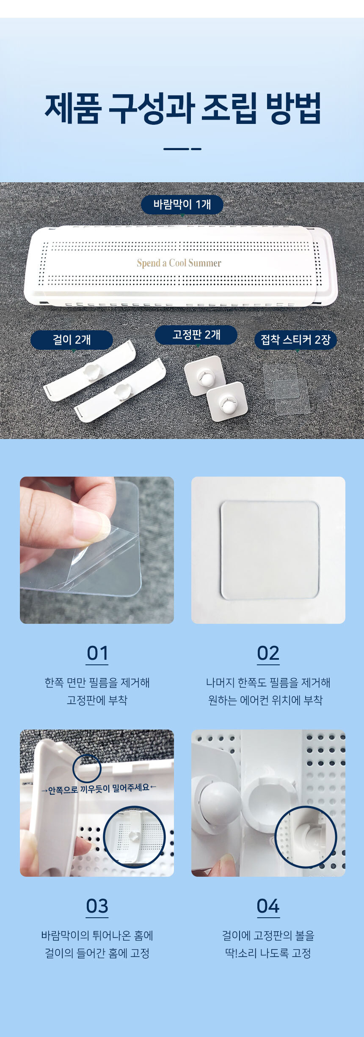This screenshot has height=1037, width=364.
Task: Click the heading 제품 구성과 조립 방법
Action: [x=182, y=109]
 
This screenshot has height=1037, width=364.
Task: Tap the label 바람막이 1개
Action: [x=182, y=205]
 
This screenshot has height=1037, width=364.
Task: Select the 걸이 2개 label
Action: [x=72, y=340]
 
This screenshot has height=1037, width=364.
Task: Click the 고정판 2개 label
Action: [x=196, y=335]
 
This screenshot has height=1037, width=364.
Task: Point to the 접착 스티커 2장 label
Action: [x=295, y=340]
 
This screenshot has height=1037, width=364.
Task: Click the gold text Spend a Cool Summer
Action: [x=179, y=263]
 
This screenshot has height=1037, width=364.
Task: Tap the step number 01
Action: [x=97, y=653]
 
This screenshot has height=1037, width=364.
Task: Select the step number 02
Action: [x=268, y=653]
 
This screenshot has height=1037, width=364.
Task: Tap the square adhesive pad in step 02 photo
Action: [x=270, y=550]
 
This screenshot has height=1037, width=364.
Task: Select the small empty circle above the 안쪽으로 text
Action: [x=87, y=768]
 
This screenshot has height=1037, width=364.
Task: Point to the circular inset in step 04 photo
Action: [x=306, y=837]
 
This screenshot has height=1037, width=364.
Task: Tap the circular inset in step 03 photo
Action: [x=135, y=837]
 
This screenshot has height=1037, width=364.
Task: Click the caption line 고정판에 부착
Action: [x=97, y=700]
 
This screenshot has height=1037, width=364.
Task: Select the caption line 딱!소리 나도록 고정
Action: [x=268, y=953]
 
